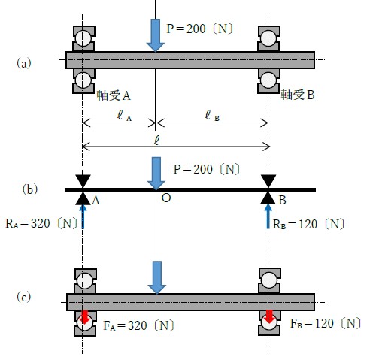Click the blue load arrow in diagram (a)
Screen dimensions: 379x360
click(x=156, y=35)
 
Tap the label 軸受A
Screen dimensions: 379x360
click(x=114, y=95)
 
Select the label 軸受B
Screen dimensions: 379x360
click(x=298, y=95)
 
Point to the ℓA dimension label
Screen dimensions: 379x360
click(x=125, y=116)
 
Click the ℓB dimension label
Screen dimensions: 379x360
click(x=212, y=116)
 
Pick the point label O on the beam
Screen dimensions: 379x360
click(x=166, y=198)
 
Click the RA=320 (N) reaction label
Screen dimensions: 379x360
click(x=41, y=223)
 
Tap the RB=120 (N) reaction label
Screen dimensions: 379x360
click(x=308, y=224)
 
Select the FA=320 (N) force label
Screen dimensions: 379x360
click(x=138, y=325)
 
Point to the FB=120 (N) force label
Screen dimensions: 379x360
click(x=326, y=323)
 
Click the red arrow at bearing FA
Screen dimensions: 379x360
click(x=85, y=317)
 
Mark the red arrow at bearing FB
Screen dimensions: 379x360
click(x=269, y=316)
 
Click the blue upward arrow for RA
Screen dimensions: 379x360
click(x=83, y=216)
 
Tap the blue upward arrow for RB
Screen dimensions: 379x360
click(x=268, y=216)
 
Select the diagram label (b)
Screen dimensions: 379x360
click(x=30, y=189)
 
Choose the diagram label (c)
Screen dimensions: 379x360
click(x=24, y=297)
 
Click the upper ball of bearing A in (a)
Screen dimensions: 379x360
click(x=83, y=38)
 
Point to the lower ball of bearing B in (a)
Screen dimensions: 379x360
click(x=268, y=80)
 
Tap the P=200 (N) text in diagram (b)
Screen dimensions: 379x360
click(x=207, y=169)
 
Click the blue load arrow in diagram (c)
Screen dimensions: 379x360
click(x=157, y=277)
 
